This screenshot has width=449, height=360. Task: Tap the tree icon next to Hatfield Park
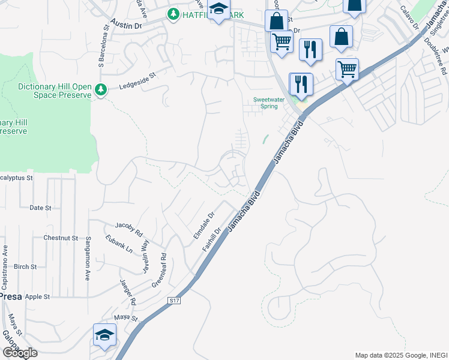pos(173,13)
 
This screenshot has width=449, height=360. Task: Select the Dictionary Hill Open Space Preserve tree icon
pos(101,90)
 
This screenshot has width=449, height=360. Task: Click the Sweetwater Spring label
pos(265,103)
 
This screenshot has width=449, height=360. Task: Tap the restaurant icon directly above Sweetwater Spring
pos(301,83)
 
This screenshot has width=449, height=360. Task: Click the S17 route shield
pos(174,300)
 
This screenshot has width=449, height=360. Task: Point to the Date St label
pos(41,208)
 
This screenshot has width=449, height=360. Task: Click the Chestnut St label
pos(61,238)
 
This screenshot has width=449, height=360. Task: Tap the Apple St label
pos(37,296)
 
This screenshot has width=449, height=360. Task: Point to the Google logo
pos(20,353)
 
